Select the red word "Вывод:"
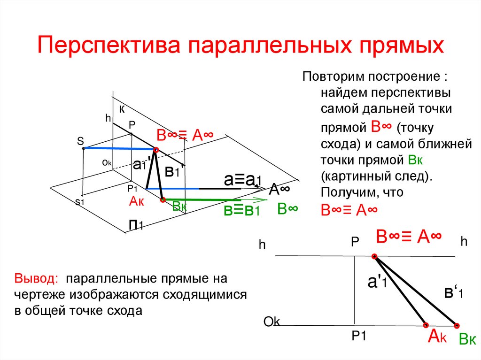[x=36, y=278]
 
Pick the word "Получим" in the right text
[x=346, y=192]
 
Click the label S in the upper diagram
[x=80, y=141]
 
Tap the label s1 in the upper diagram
[x=79, y=202]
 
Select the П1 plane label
[x=136, y=225]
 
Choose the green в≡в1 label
[x=241, y=210]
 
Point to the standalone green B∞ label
[x=287, y=209]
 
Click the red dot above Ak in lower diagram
[x=426, y=325]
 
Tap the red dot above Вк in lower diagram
[x=456, y=325]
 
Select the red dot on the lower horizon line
[x=374, y=256]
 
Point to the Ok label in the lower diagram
[x=272, y=322]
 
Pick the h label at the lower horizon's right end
[x=464, y=242]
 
